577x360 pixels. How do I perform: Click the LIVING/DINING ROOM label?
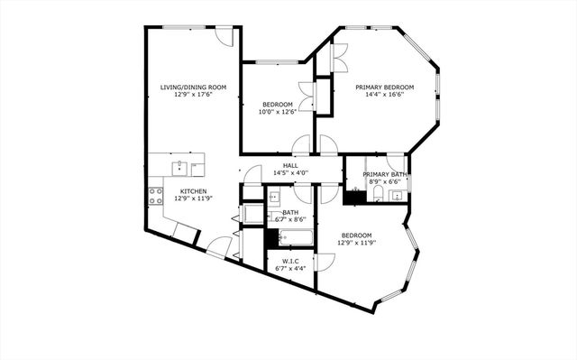tap(193, 87)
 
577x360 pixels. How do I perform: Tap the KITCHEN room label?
tap(193, 190)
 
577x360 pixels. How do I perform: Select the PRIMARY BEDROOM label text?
tap(384, 88)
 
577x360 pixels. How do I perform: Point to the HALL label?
tap(290, 165)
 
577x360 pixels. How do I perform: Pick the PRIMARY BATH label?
tap(385, 174)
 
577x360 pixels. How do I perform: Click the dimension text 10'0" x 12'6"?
tap(278, 111)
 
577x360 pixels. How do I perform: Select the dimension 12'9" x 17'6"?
tap(193, 95)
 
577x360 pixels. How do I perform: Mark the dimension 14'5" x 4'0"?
tap(290, 173)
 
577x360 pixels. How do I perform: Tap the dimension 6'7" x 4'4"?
tap(290, 267)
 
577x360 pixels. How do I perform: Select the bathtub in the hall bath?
tap(296, 238)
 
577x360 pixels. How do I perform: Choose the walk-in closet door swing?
tap(325, 262)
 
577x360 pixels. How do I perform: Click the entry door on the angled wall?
tap(217, 245)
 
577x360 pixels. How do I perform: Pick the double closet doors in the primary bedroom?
tap(338, 57)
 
